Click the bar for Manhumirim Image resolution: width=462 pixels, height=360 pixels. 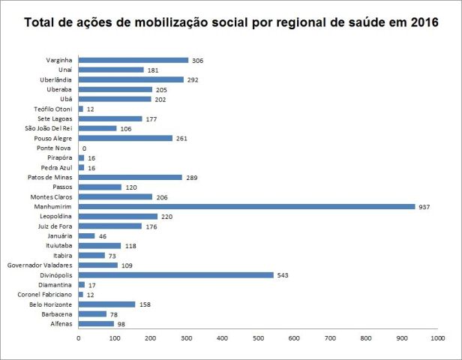pyautogui.click(x=247, y=206)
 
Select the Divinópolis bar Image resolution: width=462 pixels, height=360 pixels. pyautogui.click(x=176, y=274)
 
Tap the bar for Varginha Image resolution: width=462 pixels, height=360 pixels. pyautogui.click(x=133, y=60)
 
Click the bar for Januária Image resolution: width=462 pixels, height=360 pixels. pyautogui.click(x=87, y=235)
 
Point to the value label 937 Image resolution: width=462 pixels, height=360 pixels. pyautogui.click(x=425, y=206)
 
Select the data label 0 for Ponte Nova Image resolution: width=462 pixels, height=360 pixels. pyautogui.click(x=84, y=148)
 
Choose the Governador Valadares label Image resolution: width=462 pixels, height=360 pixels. pyautogui.click(x=41, y=265)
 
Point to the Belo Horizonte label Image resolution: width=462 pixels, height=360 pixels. pyautogui.click(x=52, y=304)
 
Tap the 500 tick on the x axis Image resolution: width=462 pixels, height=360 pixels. pyautogui.click(x=258, y=340)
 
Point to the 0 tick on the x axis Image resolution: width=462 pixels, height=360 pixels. pyautogui.click(x=79, y=340)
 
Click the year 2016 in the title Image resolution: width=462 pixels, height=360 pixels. pyautogui.click(x=421, y=24)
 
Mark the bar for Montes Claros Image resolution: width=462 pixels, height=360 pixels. pyautogui.click(x=115, y=196)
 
